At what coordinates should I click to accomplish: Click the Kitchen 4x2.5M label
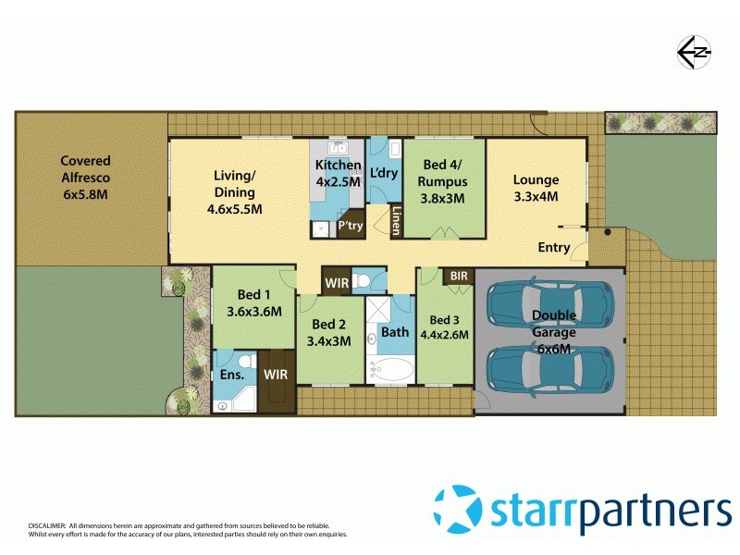point(338,173)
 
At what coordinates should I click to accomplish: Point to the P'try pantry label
point(350,225)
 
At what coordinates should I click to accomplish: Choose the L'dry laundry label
point(383,173)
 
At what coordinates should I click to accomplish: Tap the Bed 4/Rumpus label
point(444,181)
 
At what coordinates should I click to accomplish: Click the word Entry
point(554,247)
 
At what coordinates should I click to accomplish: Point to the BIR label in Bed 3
point(458,276)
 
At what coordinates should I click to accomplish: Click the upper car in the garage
point(549,304)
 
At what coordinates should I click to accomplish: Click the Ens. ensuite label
point(232,375)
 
